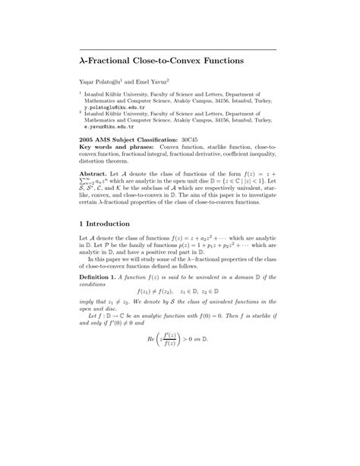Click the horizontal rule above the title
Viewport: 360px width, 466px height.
click(179, 49)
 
